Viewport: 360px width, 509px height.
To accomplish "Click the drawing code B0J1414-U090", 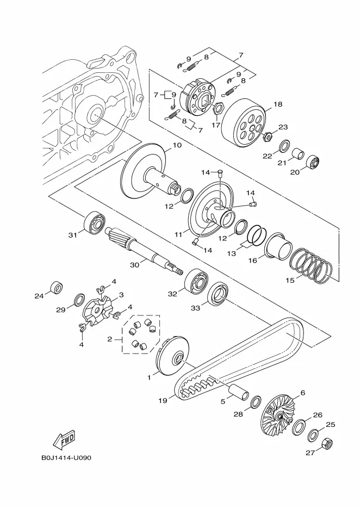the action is click(66, 458).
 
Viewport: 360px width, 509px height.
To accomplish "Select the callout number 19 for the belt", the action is click(163, 401).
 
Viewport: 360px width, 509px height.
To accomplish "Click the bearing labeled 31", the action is click(95, 222).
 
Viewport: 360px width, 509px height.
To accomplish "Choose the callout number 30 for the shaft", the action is click(134, 265).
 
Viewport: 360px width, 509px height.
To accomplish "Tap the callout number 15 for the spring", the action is click(290, 280).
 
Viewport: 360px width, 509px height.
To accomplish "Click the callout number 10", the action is click(177, 145).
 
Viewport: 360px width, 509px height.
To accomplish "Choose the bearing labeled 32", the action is click(196, 282).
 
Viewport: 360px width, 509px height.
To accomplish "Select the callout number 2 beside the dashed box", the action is click(110, 339).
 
